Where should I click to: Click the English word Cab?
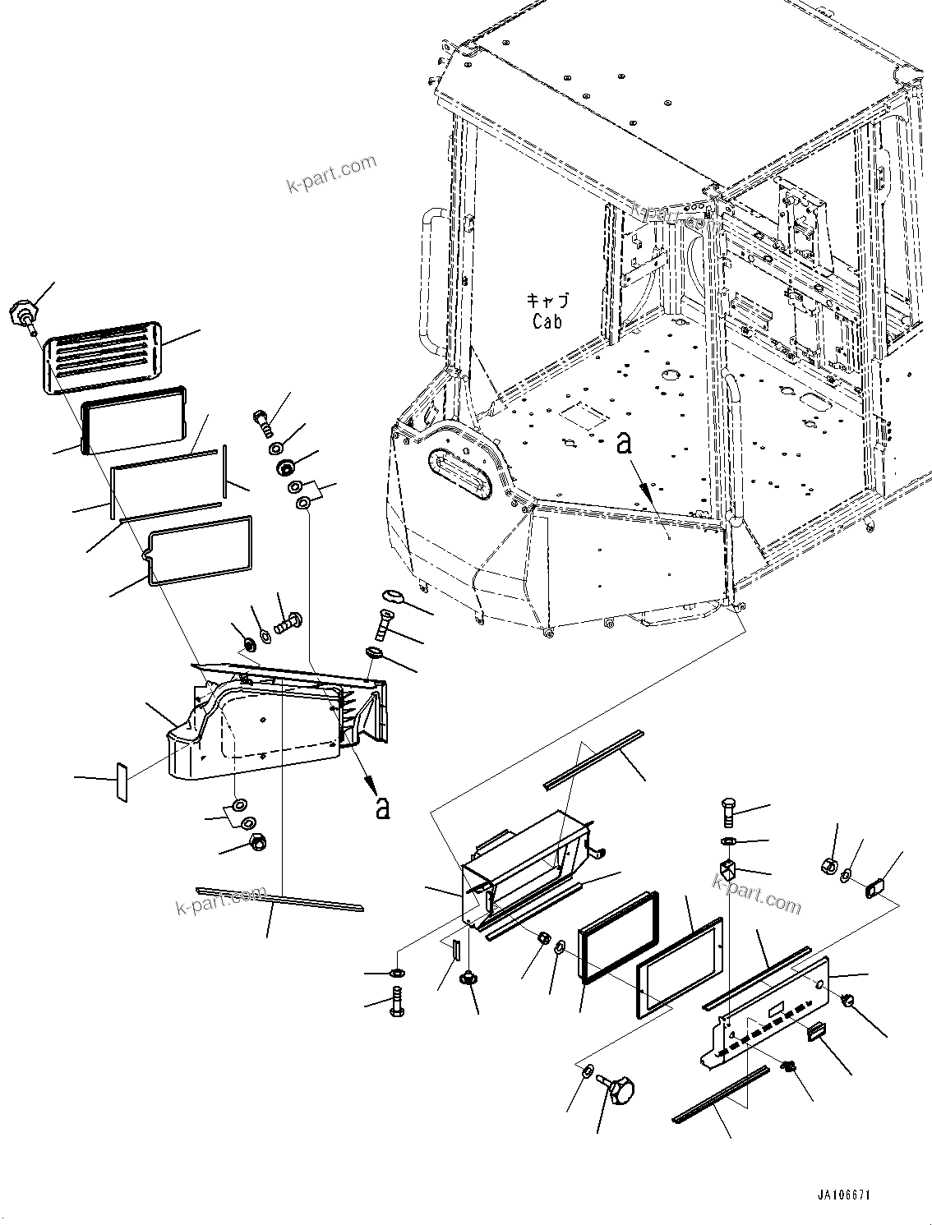[x=547, y=321]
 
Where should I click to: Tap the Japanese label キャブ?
[x=547, y=301]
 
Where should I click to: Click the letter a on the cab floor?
[x=625, y=444]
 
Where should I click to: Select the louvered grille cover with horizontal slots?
[x=100, y=357]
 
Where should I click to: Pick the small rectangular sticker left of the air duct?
[x=122, y=781]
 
